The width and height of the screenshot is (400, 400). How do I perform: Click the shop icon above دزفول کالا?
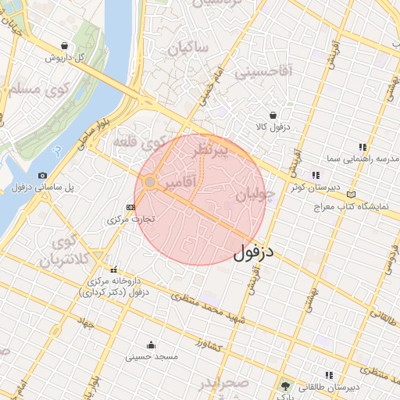(x=272, y=114)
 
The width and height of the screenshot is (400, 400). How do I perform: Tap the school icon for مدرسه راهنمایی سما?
(x=362, y=146)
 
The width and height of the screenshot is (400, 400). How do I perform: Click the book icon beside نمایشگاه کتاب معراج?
(x=352, y=194)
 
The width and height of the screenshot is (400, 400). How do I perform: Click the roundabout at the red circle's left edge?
(x=149, y=182)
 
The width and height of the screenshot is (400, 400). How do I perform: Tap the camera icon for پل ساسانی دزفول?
(x=42, y=175)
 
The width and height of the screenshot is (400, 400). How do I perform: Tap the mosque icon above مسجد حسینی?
(x=151, y=345)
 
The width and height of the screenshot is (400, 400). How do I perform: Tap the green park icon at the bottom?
(x=285, y=386)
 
